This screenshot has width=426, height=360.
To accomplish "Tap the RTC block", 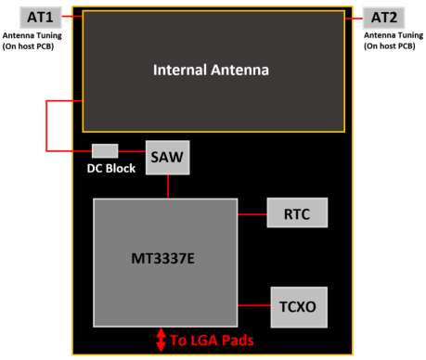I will [x=297, y=213].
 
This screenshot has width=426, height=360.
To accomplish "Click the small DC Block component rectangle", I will [x=105, y=151].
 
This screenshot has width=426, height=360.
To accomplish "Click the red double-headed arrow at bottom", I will [x=161, y=340].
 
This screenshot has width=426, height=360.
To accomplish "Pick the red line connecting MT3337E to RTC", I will [x=252, y=213].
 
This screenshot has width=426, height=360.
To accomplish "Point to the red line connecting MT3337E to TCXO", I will [x=252, y=304].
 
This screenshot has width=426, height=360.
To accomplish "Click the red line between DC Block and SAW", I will [x=132, y=151].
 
